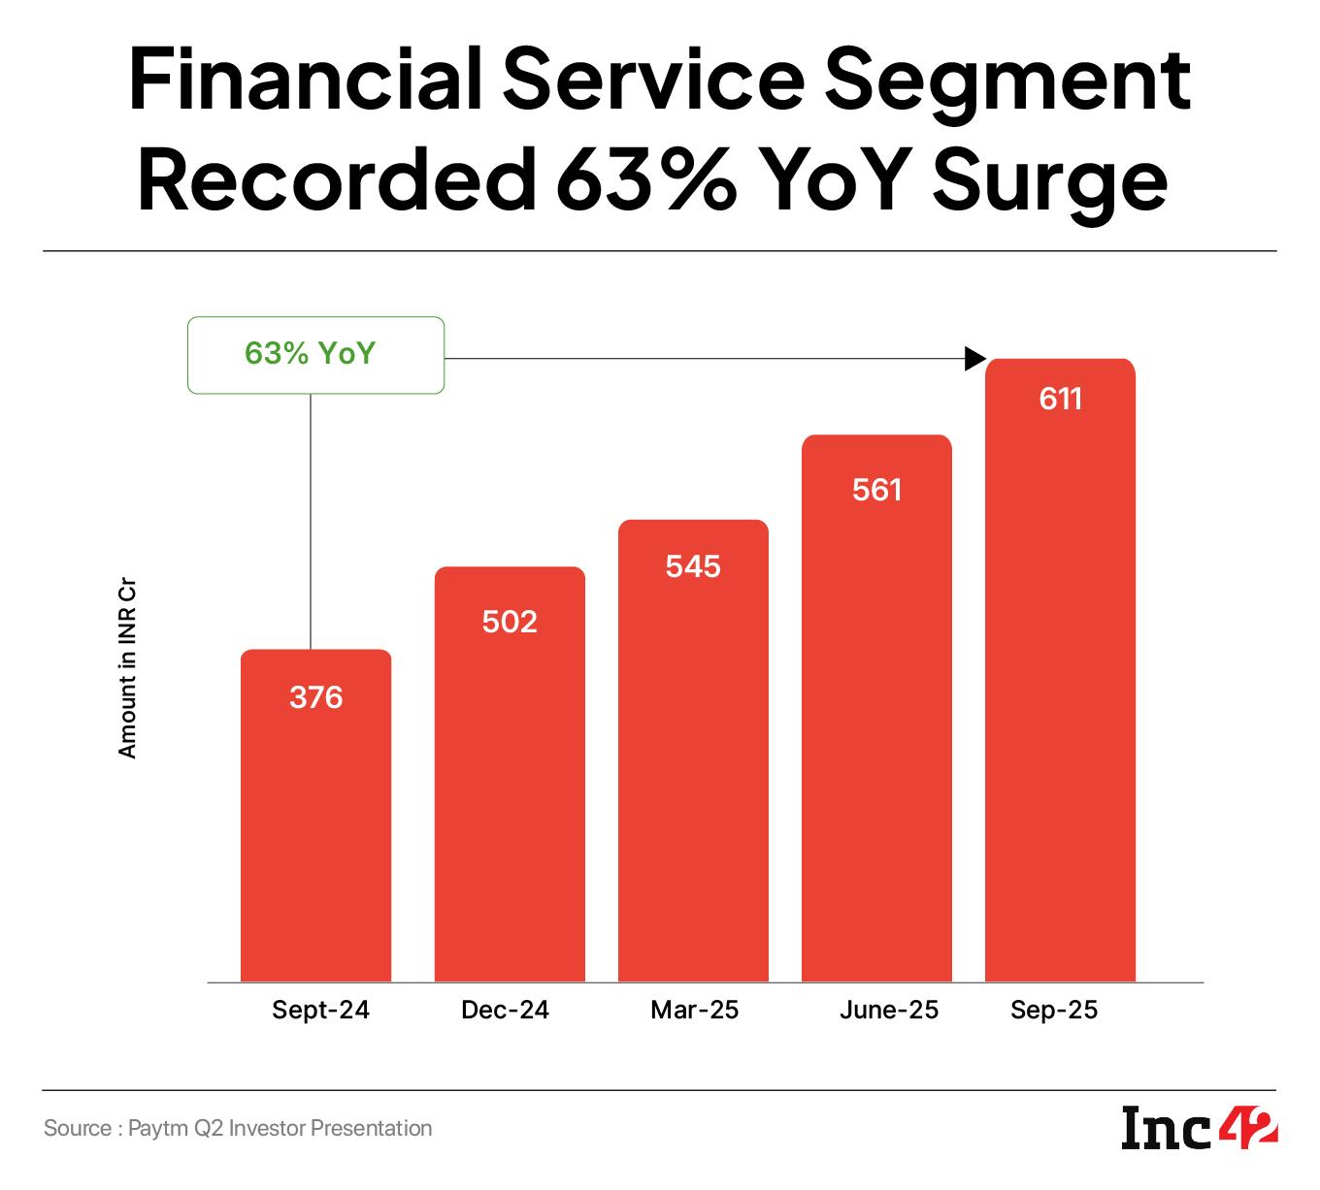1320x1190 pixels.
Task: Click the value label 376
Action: point(316,697)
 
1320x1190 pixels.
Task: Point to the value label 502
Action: point(510,621)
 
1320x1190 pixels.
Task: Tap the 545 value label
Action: point(693,566)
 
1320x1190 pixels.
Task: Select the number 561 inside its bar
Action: point(877,490)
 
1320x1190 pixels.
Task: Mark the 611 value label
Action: point(1060,399)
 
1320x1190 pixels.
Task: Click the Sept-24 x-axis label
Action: point(320,1011)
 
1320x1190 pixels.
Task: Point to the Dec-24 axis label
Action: point(505,1011)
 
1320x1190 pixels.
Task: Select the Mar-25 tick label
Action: point(694,1011)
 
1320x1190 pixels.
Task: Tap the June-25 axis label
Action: point(889,1011)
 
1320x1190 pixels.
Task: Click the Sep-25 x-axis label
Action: point(1054,1011)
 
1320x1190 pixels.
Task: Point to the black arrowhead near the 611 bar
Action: point(974,360)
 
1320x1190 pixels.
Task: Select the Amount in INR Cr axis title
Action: point(127,669)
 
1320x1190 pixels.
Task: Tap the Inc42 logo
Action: point(1200,1128)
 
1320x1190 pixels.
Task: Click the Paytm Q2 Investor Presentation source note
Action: point(238,1128)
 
